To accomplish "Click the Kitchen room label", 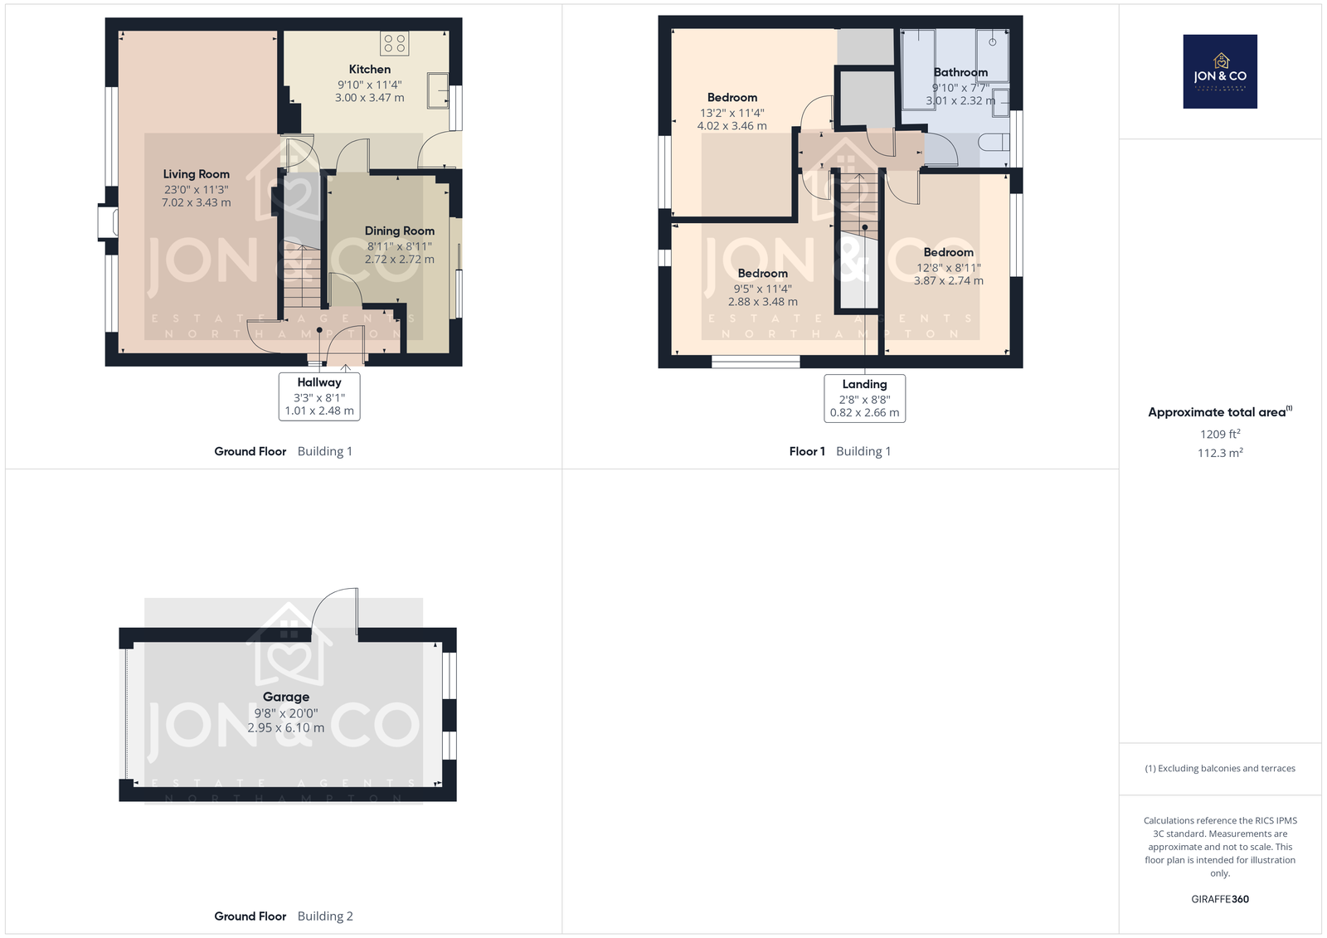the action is pyautogui.click(x=369, y=70).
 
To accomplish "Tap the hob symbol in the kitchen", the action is pyautogui.click(x=395, y=43).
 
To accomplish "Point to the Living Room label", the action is pyautogui.click(x=196, y=174).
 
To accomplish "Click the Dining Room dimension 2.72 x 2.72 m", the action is pyautogui.click(x=399, y=259).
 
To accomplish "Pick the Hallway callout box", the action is pyautogui.click(x=319, y=396).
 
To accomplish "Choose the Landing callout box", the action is pyautogui.click(x=864, y=398).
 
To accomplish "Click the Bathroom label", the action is pyautogui.click(x=960, y=72).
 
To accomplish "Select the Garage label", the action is pyautogui.click(x=286, y=697).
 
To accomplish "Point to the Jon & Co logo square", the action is pyautogui.click(x=1220, y=71).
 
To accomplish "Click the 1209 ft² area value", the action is pyautogui.click(x=1220, y=434).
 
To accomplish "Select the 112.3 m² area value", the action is pyautogui.click(x=1220, y=453).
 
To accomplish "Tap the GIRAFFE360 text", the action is pyautogui.click(x=1220, y=899).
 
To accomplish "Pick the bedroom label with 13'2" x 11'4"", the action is pyautogui.click(x=732, y=97).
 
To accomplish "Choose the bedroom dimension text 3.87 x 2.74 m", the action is pyautogui.click(x=949, y=280).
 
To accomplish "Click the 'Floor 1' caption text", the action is pyautogui.click(x=807, y=451).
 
